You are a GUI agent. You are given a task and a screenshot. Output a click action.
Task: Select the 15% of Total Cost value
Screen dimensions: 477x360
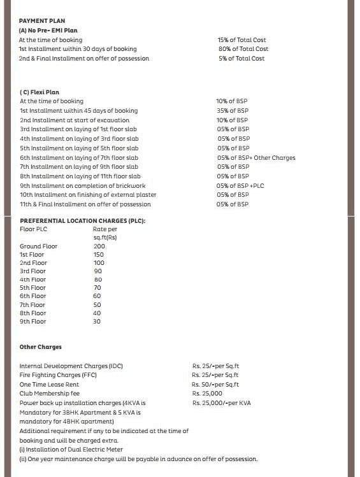[x=241, y=39]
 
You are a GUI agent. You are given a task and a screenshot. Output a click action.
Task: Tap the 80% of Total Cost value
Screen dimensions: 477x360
[x=243, y=49]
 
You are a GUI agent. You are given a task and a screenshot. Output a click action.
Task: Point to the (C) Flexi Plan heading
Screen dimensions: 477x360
[x=40, y=92]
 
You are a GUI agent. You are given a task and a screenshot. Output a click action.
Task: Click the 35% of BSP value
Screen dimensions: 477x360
[x=233, y=111]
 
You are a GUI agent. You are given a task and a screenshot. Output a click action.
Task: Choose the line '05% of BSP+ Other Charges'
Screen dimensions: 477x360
[x=256, y=158]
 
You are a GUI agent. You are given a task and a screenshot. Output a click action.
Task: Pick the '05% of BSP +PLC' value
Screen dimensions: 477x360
[x=240, y=186]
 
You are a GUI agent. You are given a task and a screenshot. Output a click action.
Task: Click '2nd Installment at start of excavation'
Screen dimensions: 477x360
[x=75, y=120]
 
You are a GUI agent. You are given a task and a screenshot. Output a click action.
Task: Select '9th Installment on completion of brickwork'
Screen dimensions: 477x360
[x=79, y=186]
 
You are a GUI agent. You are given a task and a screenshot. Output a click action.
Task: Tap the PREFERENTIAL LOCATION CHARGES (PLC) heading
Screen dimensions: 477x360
[x=83, y=220]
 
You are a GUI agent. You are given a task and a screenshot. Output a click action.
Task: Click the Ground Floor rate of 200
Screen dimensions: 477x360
[x=99, y=246]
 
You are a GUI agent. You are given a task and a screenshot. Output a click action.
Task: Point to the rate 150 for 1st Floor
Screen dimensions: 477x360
[x=99, y=255]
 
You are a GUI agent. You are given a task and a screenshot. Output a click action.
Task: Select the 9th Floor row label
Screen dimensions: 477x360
[x=33, y=322]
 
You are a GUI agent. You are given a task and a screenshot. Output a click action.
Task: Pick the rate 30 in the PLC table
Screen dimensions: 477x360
[x=97, y=322]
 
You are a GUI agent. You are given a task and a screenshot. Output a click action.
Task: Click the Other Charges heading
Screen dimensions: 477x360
[x=41, y=348]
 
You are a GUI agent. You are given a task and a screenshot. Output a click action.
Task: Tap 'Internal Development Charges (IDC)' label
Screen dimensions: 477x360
[x=71, y=366]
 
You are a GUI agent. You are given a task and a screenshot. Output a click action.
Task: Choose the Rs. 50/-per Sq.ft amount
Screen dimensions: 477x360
[x=215, y=385]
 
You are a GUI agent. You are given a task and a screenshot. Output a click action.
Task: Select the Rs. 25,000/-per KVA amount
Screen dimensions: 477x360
[x=222, y=403]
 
